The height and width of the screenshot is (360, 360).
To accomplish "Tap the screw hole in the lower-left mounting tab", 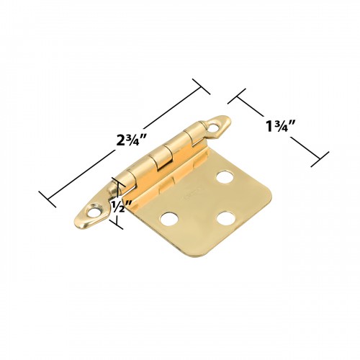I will [x=93, y=211].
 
